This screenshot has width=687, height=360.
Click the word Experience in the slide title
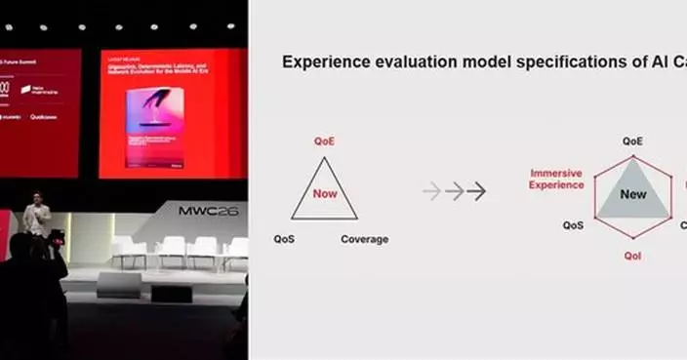point(324,62)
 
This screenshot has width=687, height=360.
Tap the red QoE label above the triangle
point(324,141)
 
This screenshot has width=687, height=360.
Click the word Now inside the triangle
point(325,193)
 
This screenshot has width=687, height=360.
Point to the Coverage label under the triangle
point(364,239)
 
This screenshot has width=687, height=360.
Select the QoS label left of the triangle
point(284,239)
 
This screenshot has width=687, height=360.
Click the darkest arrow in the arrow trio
point(476,192)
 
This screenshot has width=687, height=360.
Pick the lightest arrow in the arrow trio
point(432,192)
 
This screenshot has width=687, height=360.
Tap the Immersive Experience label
point(556,178)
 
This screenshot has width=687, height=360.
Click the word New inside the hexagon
point(633,194)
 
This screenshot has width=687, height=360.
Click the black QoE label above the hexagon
point(633,141)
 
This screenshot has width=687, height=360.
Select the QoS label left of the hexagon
point(574,225)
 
